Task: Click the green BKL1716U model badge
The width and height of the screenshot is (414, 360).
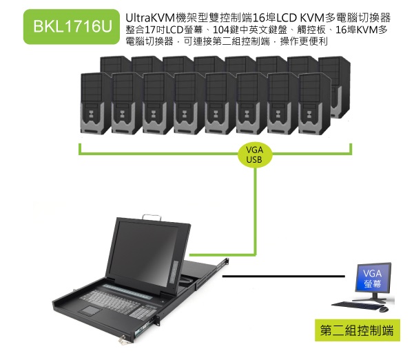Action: click(72, 26)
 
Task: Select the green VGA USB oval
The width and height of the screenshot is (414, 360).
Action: click(254, 155)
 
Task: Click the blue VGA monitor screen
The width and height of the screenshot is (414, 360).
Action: click(373, 277)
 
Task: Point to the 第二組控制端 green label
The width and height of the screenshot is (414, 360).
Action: click(358, 330)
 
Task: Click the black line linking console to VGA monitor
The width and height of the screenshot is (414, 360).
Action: click(284, 277)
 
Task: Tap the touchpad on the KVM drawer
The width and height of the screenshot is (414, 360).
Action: click(90, 310)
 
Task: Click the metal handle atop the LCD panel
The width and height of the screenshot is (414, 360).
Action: click(152, 217)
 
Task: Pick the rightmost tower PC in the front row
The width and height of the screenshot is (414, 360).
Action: click(314, 103)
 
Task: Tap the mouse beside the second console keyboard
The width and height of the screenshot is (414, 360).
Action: click(384, 309)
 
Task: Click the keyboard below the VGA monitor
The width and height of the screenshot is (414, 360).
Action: click(355, 306)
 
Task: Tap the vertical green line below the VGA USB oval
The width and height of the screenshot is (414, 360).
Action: click(256, 211)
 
